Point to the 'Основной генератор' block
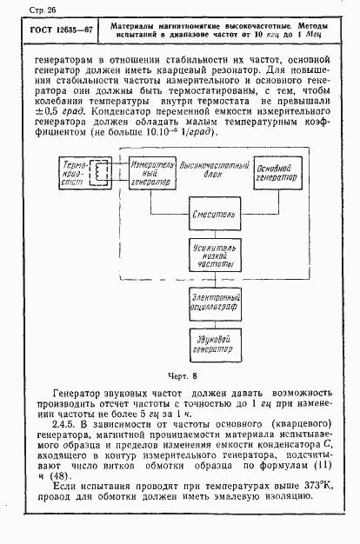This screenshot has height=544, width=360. (x=275, y=173)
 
